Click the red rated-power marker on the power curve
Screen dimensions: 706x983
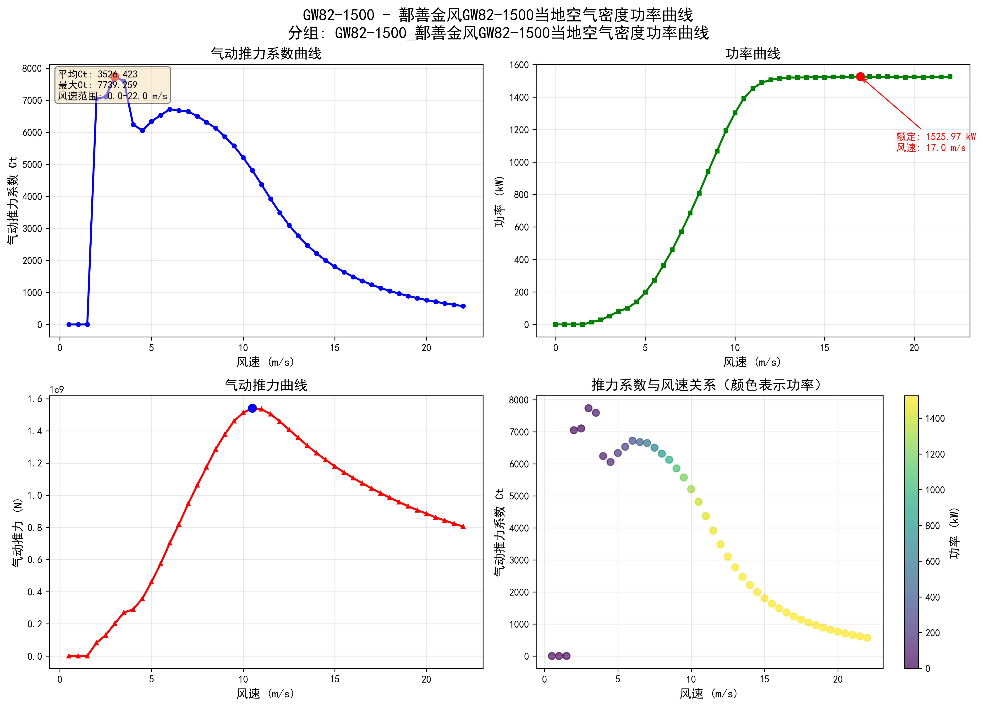tap(860, 77)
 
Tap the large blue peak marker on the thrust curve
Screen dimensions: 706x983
tap(252, 408)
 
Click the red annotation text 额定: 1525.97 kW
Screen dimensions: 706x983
tap(935, 137)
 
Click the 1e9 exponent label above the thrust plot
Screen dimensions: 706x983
tap(56, 390)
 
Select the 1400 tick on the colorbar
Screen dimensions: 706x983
tap(935, 419)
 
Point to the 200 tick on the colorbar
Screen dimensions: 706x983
tap(932, 633)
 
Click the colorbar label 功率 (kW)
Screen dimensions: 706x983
tap(954, 533)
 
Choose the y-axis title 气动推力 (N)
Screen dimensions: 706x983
tap(17, 533)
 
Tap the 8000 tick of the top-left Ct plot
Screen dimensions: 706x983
tap(32, 68)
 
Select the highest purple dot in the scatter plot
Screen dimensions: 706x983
tap(588, 408)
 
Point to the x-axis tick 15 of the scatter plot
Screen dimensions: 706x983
tap(764, 679)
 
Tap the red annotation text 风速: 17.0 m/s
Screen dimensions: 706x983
tap(931, 148)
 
